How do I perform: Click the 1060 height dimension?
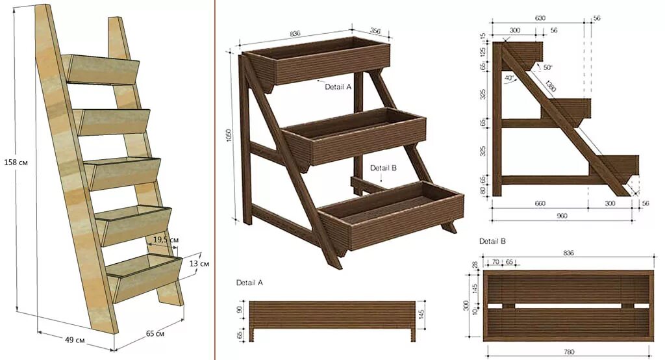click(x=229, y=136)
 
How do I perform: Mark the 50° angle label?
click(x=547, y=68)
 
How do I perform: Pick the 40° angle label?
click(x=510, y=78)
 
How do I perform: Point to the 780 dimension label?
click(x=568, y=352)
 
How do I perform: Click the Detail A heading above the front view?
click(x=249, y=283)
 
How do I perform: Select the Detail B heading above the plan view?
click(x=492, y=241)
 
